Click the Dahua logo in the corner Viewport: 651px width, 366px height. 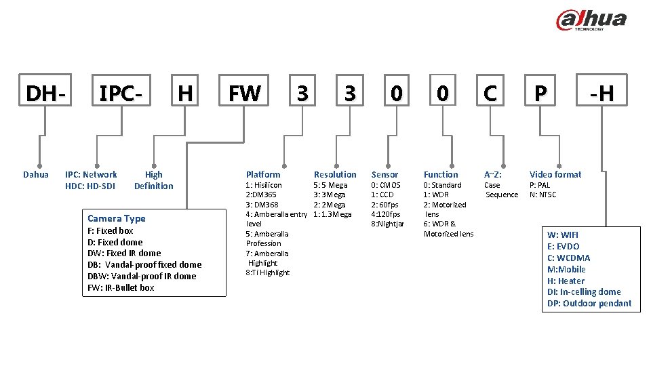pyautogui.click(x=591, y=20)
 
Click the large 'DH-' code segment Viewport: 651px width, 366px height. pyautogui.click(x=46, y=94)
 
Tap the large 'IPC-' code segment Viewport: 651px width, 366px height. pyautogui.click(x=121, y=94)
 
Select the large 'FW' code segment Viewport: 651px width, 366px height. pyautogui.click(x=244, y=94)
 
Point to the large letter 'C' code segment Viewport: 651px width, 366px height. pyautogui.click(x=490, y=94)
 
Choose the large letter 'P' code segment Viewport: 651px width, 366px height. pyautogui.click(x=540, y=94)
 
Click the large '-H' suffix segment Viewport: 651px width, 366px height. pyautogui.click(x=601, y=94)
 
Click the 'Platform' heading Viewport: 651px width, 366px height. pyautogui.click(x=263, y=174)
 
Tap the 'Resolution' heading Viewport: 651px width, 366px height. pyautogui.click(x=335, y=174)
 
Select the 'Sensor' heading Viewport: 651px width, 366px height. pyautogui.click(x=384, y=174)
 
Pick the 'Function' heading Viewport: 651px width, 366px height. pyautogui.click(x=441, y=174)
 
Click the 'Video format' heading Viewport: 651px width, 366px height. pyautogui.click(x=555, y=174)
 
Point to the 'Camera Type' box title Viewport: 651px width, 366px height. pyautogui.click(x=117, y=218)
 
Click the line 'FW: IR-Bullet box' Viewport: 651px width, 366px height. pyautogui.click(x=121, y=287)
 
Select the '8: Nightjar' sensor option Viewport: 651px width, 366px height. pyautogui.click(x=387, y=224)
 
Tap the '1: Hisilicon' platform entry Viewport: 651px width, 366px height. pyautogui.click(x=264, y=185)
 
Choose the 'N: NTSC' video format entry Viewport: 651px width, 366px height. pyautogui.click(x=542, y=195)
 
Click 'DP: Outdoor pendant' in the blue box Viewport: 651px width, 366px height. pyautogui.click(x=589, y=304)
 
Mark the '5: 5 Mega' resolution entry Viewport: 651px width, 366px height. pyautogui.click(x=330, y=185)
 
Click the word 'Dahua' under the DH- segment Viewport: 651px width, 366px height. pyautogui.click(x=36, y=174)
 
